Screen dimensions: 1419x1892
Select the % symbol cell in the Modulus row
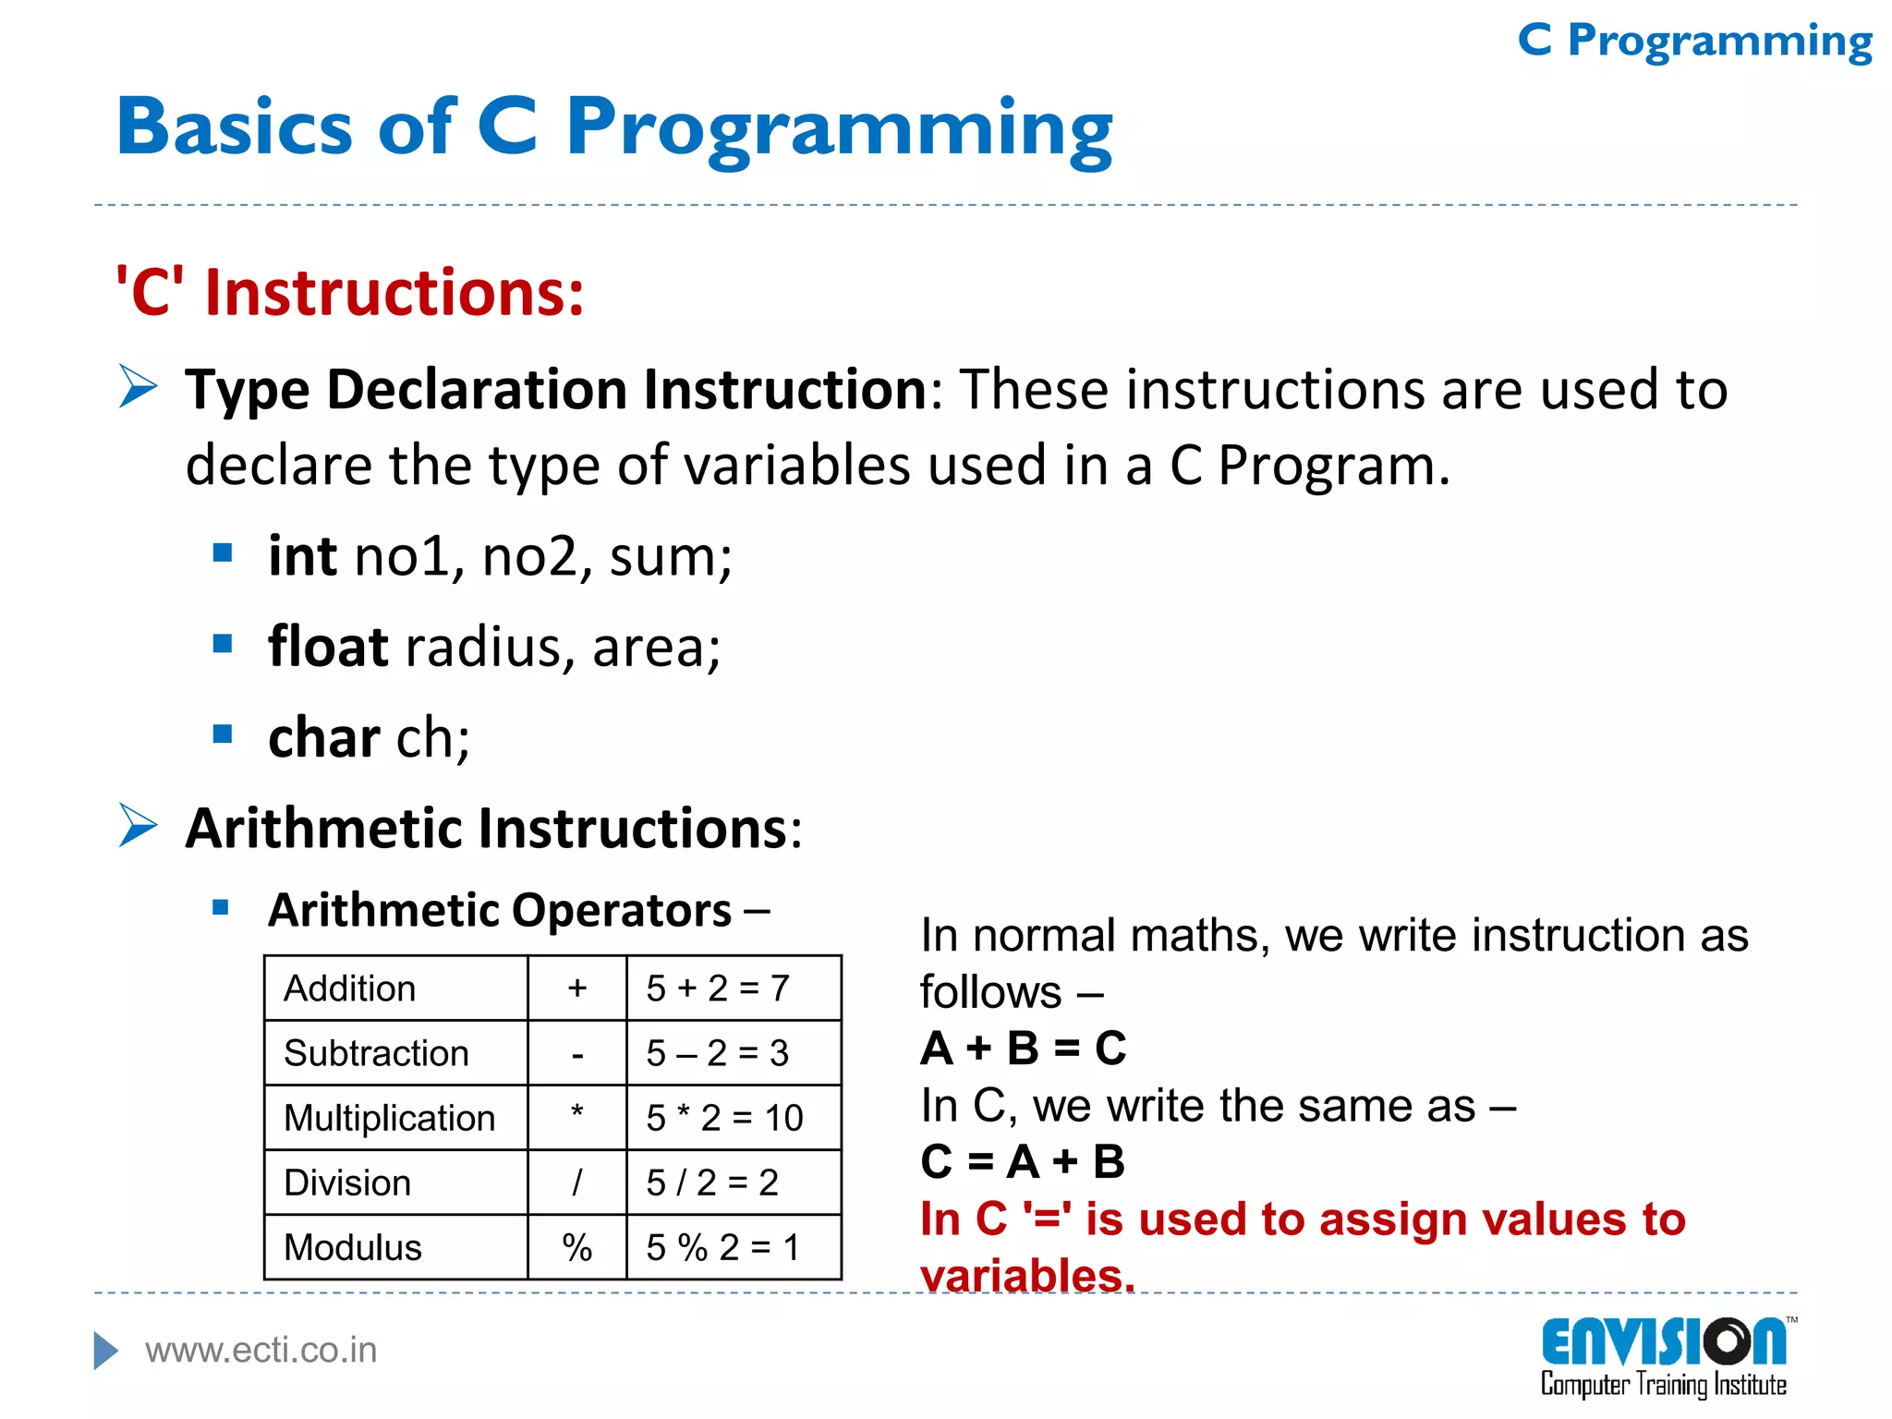[x=576, y=1247]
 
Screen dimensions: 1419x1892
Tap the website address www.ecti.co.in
[x=261, y=1351]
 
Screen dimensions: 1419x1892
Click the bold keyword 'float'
[x=328, y=646]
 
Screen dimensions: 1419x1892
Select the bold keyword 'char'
[x=323, y=737]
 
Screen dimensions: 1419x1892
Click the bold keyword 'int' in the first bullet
[x=302, y=556]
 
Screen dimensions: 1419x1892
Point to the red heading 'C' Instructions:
[x=349, y=292]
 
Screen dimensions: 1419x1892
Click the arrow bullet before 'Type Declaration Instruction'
[x=139, y=386]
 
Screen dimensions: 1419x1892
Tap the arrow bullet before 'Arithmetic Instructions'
[x=139, y=825]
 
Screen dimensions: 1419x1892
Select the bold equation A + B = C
[x=1023, y=1049]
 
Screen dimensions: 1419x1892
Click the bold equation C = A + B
[x=1023, y=1161]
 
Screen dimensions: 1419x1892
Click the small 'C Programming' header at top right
[x=1694, y=41]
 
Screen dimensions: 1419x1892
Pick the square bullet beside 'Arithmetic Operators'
[x=221, y=907]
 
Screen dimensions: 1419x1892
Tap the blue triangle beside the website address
[x=105, y=1351]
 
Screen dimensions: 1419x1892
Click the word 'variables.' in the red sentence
[x=1027, y=1275]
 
